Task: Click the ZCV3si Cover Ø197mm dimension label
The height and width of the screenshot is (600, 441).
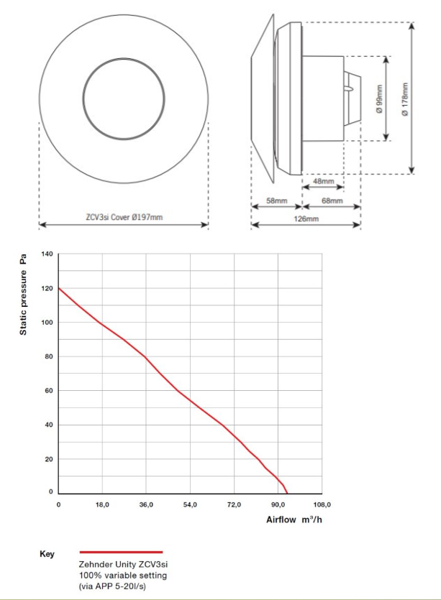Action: click(x=123, y=216)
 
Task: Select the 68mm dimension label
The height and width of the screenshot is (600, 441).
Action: click(x=332, y=201)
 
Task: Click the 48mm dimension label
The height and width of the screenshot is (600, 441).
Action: click(x=322, y=180)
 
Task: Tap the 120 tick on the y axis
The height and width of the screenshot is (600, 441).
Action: click(x=48, y=288)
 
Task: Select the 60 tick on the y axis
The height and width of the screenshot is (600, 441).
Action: click(x=50, y=391)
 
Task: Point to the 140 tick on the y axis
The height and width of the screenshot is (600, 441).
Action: click(x=48, y=254)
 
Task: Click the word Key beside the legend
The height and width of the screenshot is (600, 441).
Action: click(x=47, y=554)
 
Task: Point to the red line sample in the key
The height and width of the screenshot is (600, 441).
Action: click(x=121, y=552)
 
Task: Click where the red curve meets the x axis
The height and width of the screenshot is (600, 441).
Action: click(x=287, y=494)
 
